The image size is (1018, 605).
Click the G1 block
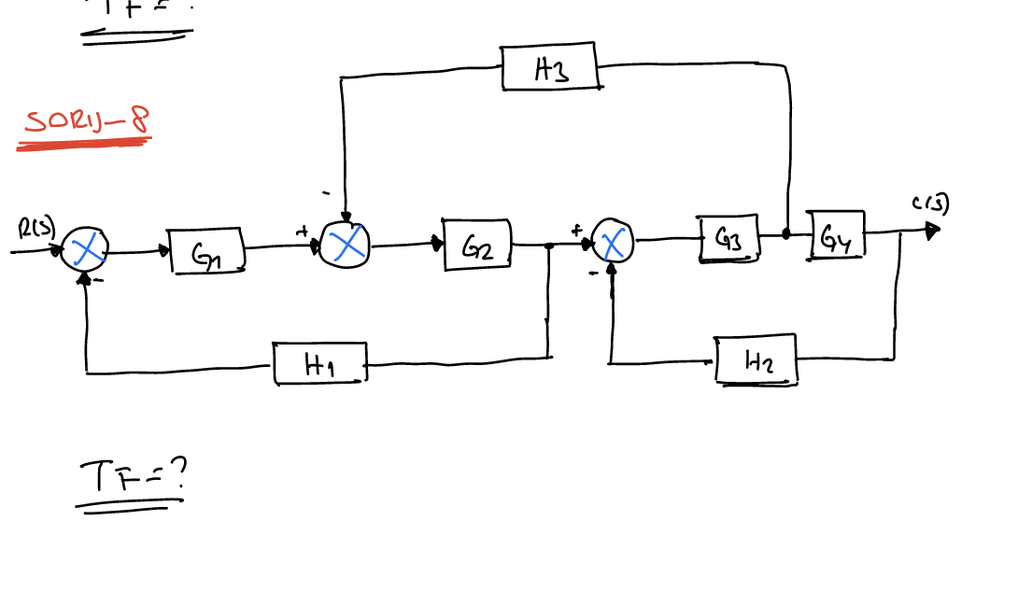pyautogui.click(x=207, y=251)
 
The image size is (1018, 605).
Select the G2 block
pyautogui.click(x=477, y=245)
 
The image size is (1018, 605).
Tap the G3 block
pyautogui.click(x=729, y=238)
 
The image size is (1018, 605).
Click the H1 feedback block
pyautogui.click(x=320, y=363)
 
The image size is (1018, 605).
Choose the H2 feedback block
pyautogui.click(x=757, y=359)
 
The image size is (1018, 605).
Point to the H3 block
pyautogui.click(x=550, y=67)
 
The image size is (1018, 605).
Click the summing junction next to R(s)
pyautogui.click(x=86, y=249)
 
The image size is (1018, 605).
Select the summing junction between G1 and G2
pyautogui.click(x=345, y=245)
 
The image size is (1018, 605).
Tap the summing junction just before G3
pyautogui.click(x=613, y=244)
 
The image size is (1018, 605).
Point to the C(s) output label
pyautogui.click(x=930, y=204)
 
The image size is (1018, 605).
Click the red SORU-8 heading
pyautogui.click(x=86, y=121)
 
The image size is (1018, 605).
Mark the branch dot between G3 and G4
pyautogui.click(x=786, y=234)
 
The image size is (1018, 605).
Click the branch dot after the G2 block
pyautogui.click(x=549, y=246)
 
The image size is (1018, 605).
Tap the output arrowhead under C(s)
pyautogui.click(x=932, y=231)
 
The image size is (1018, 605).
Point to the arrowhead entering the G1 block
pyautogui.click(x=165, y=250)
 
